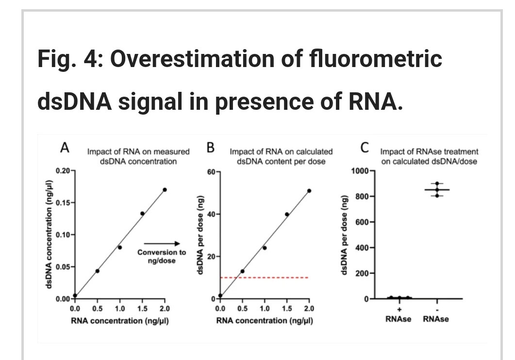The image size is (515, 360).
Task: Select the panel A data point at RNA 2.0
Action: point(165,189)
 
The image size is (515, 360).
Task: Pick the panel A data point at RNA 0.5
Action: point(98,271)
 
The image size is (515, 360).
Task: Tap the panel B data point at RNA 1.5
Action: point(287,214)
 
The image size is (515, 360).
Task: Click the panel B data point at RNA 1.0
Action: point(265,248)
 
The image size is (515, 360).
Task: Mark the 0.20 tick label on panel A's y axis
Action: point(63,171)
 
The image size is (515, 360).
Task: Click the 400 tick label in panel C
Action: point(363,248)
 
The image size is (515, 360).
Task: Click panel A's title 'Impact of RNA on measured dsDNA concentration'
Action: point(138,156)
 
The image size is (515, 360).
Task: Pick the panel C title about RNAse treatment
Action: point(430,156)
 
